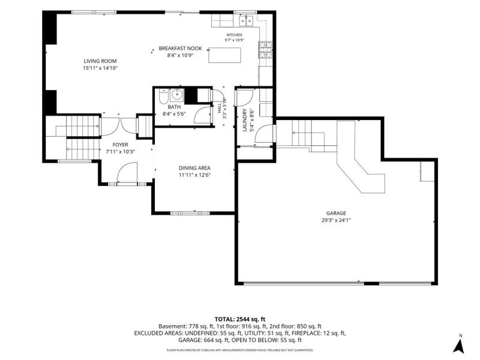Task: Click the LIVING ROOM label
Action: coord(100,61)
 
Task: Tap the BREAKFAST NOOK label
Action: coord(181,49)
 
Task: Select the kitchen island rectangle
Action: coord(224,55)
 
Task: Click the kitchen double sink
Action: coord(246,20)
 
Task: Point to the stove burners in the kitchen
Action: coord(265,50)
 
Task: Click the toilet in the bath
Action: coord(163,96)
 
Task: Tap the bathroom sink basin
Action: coord(176,95)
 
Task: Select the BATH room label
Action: coord(174,107)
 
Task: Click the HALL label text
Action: coord(220,108)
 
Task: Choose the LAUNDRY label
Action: coord(244,120)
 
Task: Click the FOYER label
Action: coord(121,145)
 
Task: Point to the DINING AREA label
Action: coord(194,168)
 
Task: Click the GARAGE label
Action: coord(336,214)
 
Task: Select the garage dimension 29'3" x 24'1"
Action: coord(336,220)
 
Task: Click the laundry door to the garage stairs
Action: coord(264,133)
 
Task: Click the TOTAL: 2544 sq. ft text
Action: coord(239,320)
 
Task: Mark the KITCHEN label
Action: coord(234,35)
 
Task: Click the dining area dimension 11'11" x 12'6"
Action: coord(194,175)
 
